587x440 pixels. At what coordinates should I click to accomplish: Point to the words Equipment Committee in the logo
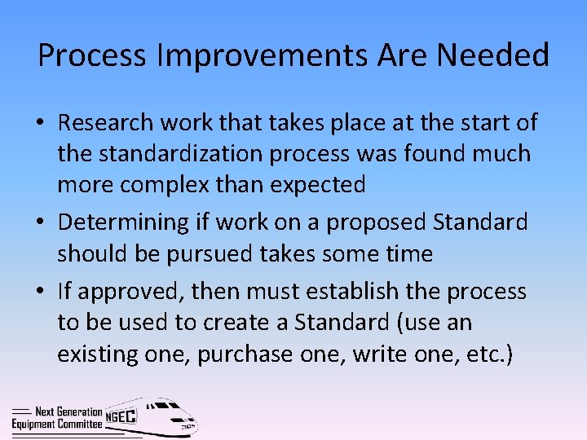coord(58,424)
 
